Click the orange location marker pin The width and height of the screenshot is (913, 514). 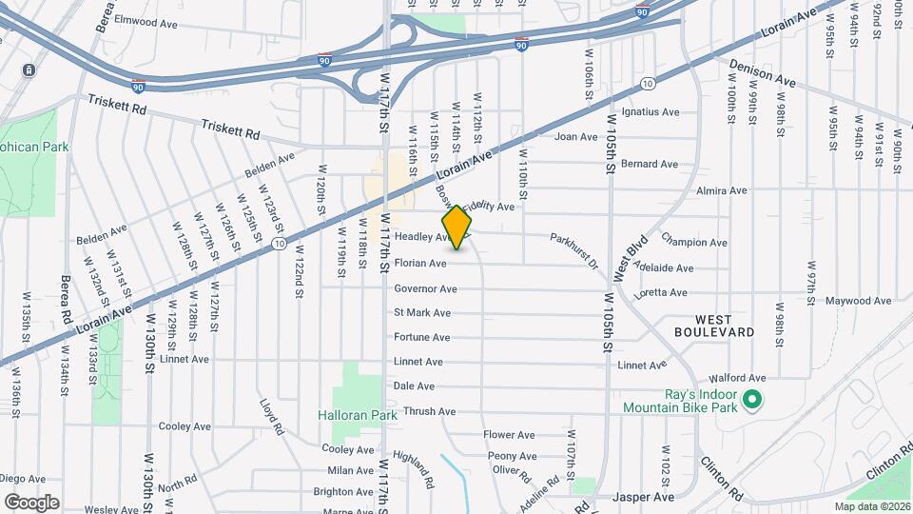tap(457, 227)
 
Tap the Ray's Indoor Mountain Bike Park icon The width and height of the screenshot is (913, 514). tap(752, 400)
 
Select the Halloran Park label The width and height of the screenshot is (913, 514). tap(357, 416)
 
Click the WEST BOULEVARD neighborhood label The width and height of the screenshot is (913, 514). tap(714, 326)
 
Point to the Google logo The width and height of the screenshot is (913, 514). tap(31, 502)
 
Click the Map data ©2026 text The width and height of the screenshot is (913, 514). tap(872, 506)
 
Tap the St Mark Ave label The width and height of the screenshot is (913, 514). tap(422, 313)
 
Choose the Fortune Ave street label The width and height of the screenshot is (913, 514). tap(422, 338)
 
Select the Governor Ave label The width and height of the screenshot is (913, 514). tap(426, 288)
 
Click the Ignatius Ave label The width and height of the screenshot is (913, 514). tap(650, 112)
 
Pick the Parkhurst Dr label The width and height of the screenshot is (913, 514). tap(574, 250)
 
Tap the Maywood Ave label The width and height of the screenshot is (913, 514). tap(859, 301)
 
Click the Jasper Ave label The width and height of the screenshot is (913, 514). tap(643, 497)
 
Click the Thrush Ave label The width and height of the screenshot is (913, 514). tap(429, 412)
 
